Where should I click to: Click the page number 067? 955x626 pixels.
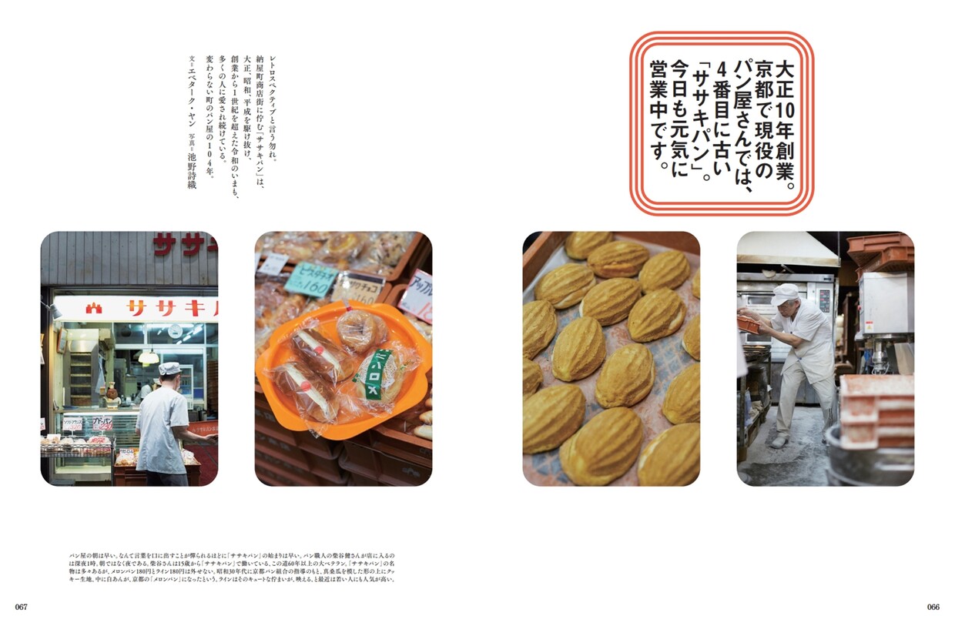[x=21, y=607]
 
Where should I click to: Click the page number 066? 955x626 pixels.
[x=933, y=607]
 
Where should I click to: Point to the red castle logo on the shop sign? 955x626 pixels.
[x=94, y=308]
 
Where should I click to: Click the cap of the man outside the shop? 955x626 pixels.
[x=169, y=369]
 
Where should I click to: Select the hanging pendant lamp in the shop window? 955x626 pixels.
[x=149, y=357]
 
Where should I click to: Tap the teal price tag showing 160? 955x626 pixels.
[x=311, y=280]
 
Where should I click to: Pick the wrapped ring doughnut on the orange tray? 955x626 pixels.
[x=362, y=329]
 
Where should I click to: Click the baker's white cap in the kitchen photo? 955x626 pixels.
[x=785, y=293]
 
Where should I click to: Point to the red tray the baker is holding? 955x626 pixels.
[x=749, y=324]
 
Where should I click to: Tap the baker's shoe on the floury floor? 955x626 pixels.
[x=779, y=442]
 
